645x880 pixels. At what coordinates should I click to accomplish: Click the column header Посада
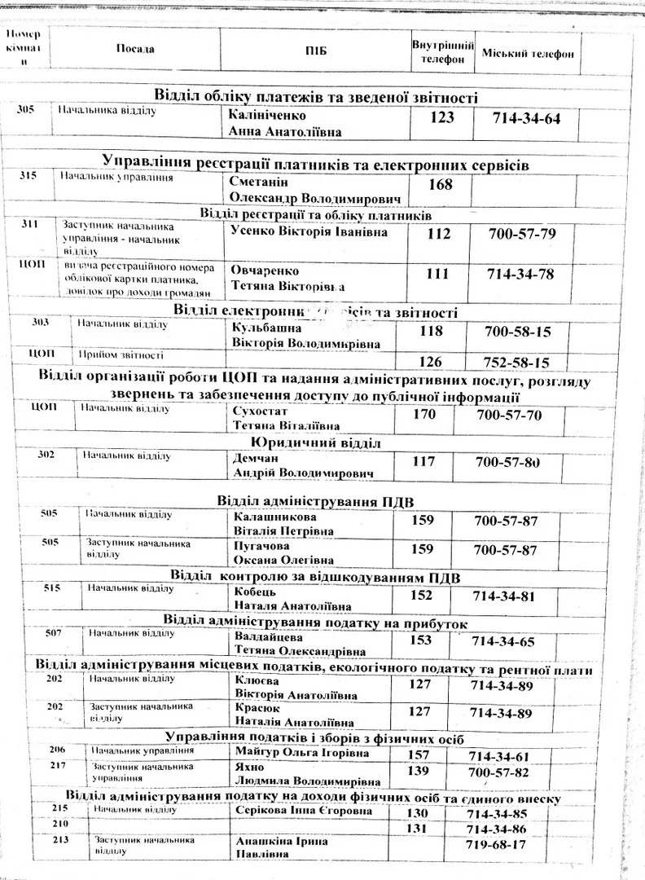[x=135, y=49]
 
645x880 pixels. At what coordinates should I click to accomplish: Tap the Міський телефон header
[x=528, y=53]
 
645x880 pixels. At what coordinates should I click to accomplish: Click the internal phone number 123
[x=441, y=118]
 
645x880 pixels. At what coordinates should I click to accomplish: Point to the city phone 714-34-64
[x=527, y=119]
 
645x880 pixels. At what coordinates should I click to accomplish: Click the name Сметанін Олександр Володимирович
[x=315, y=190]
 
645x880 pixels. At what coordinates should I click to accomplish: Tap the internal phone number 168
[x=440, y=184]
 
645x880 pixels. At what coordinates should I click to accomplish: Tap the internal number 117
[x=423, y=462]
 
